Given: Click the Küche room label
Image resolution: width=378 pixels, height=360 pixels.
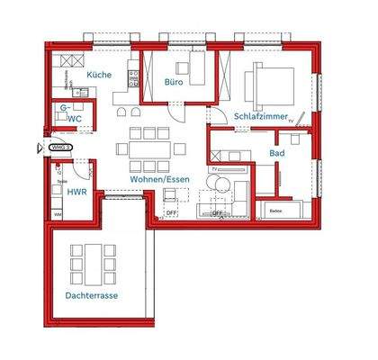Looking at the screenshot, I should click(99, 75).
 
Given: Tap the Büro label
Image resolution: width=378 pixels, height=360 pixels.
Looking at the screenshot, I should click(174, 82).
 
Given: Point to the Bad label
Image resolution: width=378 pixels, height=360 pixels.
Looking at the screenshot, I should click(277, 153).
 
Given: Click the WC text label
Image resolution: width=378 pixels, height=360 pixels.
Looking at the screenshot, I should click(76, 118).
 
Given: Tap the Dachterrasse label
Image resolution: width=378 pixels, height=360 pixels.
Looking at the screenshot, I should click(92, 295).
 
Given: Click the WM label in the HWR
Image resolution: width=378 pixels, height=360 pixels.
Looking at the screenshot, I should click(57, 215).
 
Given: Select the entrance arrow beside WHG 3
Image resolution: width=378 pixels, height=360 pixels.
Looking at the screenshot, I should click(39, 147).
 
